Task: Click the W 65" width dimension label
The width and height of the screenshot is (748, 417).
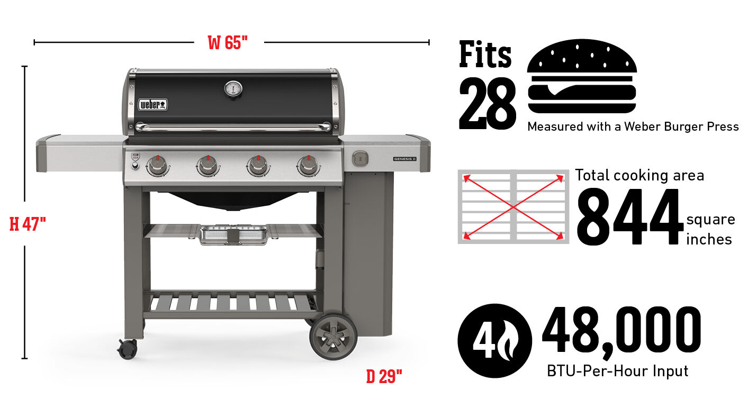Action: click(228, 43)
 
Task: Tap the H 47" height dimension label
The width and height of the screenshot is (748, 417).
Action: click(28, 224)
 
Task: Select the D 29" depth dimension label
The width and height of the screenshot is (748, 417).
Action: click(384, 377)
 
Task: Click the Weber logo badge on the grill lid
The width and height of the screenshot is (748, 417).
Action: click(153, 105)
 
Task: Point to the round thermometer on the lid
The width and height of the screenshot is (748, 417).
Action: click(233, 89)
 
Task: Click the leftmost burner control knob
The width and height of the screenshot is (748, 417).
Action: click(158, 165)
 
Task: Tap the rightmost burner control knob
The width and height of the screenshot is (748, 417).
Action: click(309, 165)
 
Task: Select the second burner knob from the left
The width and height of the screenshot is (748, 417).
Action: click(208, 165)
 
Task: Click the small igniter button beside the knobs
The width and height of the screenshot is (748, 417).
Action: click(135, 166)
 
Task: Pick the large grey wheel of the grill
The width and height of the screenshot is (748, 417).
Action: click(334, 336)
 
